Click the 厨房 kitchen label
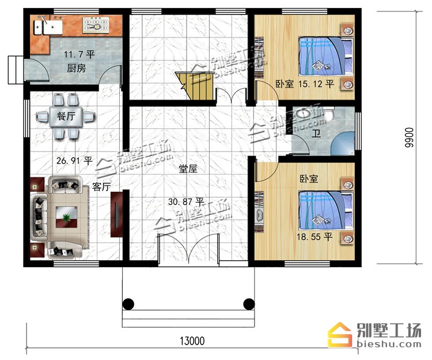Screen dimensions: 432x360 coord(76,68)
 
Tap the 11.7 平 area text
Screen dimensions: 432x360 coord(79,54)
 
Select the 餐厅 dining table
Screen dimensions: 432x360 coord(66,116)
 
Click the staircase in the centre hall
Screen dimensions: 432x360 coord(195,86)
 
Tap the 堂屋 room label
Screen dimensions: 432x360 coord(188,169)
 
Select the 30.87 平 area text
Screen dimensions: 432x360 coord(186,202)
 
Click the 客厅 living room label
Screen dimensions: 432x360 coord(101,187)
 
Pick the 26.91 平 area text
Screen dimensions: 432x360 coord(74,161)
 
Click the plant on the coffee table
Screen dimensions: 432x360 coord(66,218)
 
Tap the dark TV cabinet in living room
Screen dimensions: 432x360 coord(116,215)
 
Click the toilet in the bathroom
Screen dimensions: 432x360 coord(329,115)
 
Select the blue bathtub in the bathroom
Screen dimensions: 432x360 coord(343,143)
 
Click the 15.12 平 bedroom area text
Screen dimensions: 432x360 coord(316,84)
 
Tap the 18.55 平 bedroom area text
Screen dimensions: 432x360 coord(314,237)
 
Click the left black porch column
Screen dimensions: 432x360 coord(128,304)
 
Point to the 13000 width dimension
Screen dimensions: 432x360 coord(192,341)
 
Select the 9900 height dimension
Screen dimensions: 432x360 coord(409,137)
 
